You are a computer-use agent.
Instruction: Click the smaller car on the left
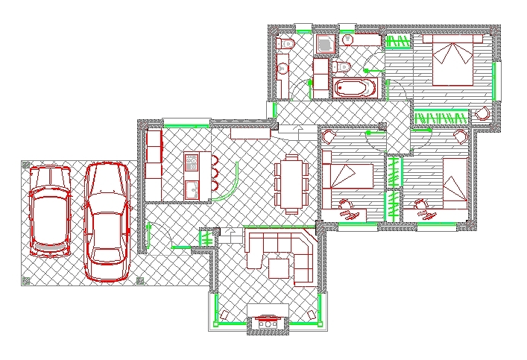(x=49, y=211)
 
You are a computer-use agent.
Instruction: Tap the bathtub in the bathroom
(x=356, y=88)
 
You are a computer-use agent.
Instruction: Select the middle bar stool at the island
(x=215, y=174)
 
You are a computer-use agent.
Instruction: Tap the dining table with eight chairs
(x=291, y=183)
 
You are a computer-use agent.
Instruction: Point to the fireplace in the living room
(x=267, y=323)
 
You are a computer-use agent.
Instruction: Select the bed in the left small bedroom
(x=347, y=177)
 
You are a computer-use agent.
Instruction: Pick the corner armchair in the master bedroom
(x=483, y=113)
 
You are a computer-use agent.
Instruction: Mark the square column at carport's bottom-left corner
(x=27, y=280)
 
